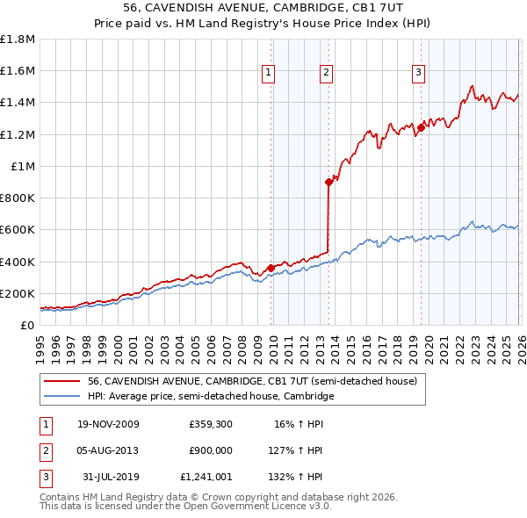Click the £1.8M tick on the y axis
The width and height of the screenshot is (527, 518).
[18, 40]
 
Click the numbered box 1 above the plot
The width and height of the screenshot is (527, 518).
[269, 73]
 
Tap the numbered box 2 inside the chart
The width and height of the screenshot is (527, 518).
[326, 73]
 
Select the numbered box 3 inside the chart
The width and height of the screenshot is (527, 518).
[419, 73]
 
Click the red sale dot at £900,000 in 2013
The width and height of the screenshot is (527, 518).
[328, 182]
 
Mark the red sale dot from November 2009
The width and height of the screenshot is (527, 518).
[271, 268]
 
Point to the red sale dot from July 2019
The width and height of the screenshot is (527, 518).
[421, 127]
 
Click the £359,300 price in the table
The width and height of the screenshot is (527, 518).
[209, 423]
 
